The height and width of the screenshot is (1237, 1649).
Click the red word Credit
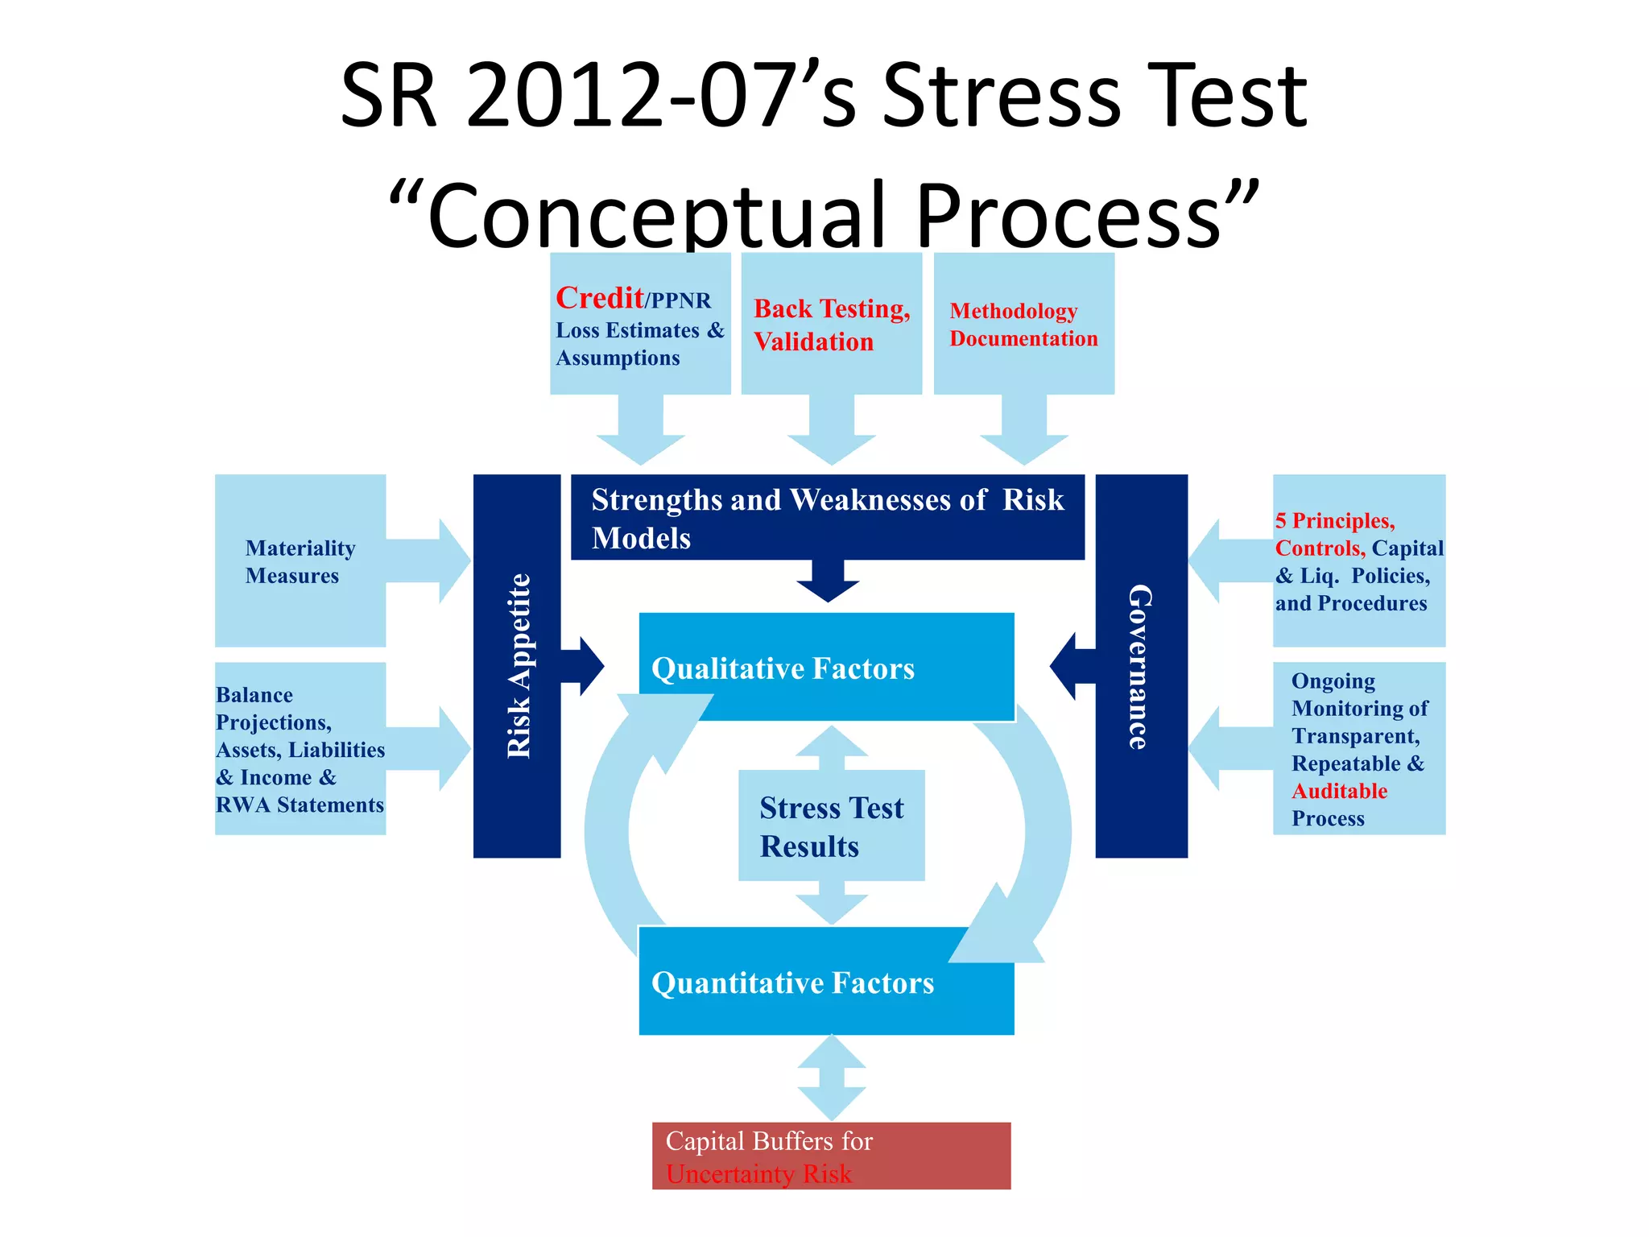click(x=599, y=298)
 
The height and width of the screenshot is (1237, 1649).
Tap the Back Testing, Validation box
click(x=831, y=324)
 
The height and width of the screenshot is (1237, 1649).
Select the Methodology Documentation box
click(x=1023, y=324)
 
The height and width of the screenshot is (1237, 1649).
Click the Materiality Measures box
click(x=300, y=561)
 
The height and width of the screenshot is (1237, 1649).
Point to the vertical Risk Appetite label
click(x=518, y=666)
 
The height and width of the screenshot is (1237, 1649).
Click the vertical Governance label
click(x=1140, y=666)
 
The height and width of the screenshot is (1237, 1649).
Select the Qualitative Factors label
click(x=783, y=668)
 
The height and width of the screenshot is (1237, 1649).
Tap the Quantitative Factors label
click(x=792, y=983)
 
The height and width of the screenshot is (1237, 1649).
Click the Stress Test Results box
click(x=831, y=826)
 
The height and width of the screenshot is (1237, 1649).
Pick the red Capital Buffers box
click(x=831, y=1156)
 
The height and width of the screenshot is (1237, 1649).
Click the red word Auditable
click(x=1339, y=791)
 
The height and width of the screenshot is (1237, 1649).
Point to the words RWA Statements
click(x=300, y=805)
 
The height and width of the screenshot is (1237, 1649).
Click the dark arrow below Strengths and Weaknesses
click(x=828, y=581)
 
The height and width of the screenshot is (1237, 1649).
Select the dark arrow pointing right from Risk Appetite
click(x=583, y=666)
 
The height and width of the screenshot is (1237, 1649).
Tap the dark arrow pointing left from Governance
click(x=1072, y=666)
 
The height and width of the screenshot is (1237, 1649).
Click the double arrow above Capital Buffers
click(x=832, y=1078)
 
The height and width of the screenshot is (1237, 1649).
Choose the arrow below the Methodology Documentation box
click(x=1023, y=430)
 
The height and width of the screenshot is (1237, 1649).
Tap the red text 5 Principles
click(x=1334, y=520)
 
